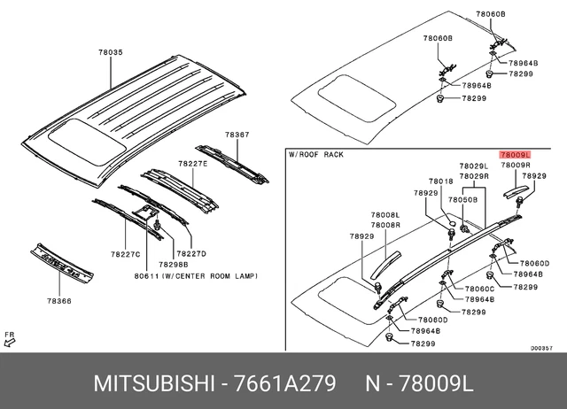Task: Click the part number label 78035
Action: [x=111, y=53]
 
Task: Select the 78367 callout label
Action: [x=237, y=135]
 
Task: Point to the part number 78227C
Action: [x=126, y=254]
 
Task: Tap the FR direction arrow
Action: [x=10, y=338]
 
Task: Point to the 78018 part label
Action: [x=441, y=181]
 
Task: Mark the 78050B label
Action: [x=462, y=200]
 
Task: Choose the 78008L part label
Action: [x=385, y=215]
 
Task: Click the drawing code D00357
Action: [x=541, y=348]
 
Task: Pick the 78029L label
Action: [x=473, y=166]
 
